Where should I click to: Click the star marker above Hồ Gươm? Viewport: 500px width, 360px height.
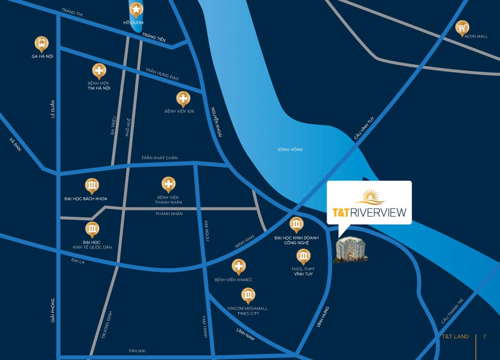click(136, 8)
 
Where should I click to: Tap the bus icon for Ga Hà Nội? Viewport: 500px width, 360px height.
click(42, 43)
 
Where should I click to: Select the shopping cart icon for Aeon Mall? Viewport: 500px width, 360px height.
click(462, 27)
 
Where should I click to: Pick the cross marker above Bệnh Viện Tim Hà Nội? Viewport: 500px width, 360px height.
click(99, 70)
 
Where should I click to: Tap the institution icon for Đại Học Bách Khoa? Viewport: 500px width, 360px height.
click(92, 185)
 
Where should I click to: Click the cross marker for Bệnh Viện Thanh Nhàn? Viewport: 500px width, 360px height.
click(169, 184)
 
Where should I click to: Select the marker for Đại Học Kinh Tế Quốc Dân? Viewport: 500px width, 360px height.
click(92, 228)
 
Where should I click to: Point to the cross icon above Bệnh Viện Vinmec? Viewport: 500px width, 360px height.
click(239, 267)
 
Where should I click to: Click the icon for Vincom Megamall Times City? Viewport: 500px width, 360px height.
click(248, 295)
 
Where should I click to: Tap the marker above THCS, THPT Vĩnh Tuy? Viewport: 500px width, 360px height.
click(304, 256)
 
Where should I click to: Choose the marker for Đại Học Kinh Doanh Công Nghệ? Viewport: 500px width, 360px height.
click(296, 225)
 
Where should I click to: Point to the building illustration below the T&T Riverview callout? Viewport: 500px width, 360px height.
click(350, 249)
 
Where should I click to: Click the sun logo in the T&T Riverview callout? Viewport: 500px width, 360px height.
click(370, 197)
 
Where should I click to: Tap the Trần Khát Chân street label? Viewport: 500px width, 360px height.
click(159, 157)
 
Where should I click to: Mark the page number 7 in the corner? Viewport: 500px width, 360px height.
click(484, 337)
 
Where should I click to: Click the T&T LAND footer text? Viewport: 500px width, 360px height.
click(455, 337)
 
